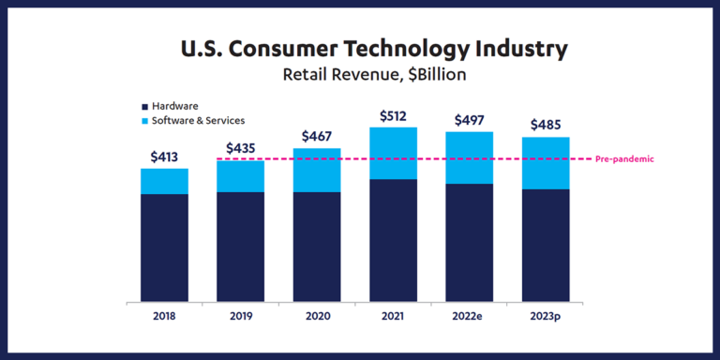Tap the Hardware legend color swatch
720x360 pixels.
pos(143,106)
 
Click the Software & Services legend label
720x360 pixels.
pos(198,120)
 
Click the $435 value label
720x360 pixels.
pos(241,148)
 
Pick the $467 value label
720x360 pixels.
pos(317,136)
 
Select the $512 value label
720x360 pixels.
pos(393,115)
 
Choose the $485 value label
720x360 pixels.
pos(546,125)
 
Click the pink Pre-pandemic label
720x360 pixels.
pos(624,159)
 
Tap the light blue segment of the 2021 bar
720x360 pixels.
pos(393,153)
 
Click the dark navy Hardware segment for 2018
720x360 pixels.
pos(164,248)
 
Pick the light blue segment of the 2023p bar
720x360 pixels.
pos(546,163)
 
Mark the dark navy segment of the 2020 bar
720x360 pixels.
pos(317,247)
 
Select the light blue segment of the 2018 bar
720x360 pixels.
pos(164,181)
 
